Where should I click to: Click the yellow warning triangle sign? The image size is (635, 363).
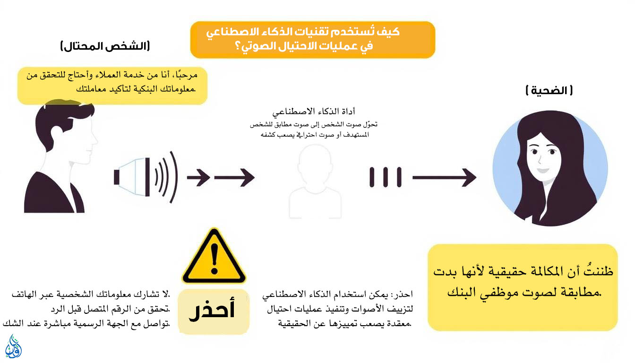click(214, 257)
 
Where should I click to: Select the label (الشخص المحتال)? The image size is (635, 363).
click(105, 46)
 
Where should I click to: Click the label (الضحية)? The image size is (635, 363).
click(549, 90)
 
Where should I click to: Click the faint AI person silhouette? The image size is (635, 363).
click(315, 181)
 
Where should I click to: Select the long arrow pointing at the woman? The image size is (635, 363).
click(444, 178)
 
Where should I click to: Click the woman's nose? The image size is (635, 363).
click(540, 160)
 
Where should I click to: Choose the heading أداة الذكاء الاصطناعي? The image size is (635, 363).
click(314, 112)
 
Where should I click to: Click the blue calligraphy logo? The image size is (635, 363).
click(13, 346)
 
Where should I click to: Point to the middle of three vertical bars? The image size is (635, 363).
click(386, 177)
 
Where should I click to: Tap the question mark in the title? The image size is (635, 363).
click(238, 46)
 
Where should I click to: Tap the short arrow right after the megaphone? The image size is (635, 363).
click(198, 178)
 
